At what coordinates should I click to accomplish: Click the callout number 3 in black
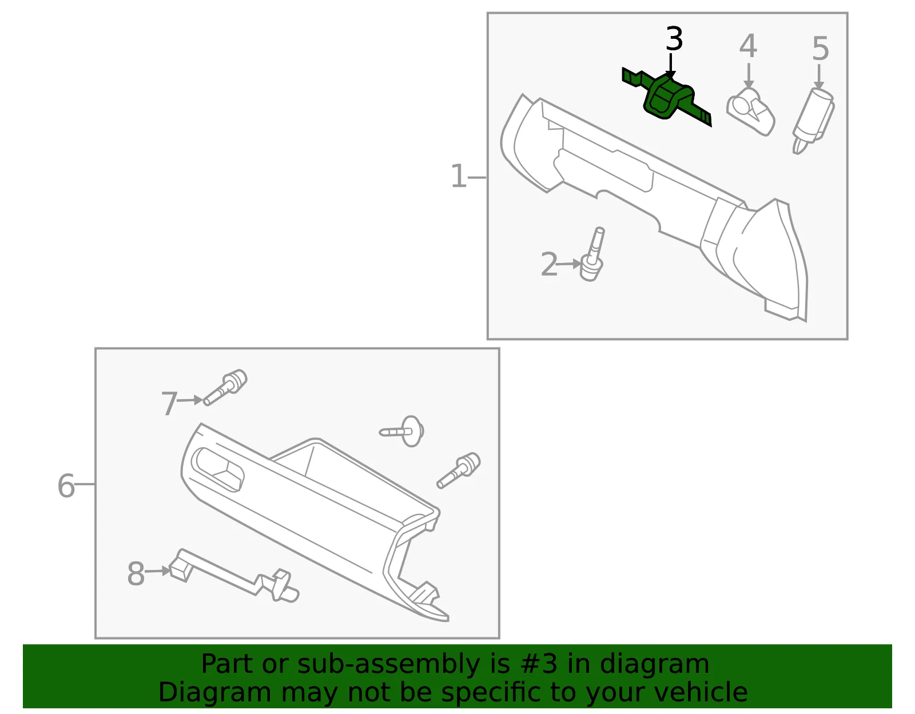[674, 39]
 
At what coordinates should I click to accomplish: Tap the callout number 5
[820, 49]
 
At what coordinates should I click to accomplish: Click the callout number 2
[549, 264]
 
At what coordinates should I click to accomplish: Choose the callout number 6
[66, 485]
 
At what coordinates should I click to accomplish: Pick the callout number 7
[169, 403]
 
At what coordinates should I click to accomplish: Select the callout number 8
[136, 573]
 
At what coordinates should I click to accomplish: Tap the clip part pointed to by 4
[751, 112]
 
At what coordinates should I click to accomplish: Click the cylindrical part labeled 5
[813, 121]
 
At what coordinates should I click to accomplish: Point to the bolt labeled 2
[593, 255]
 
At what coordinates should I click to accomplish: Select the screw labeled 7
[226, 387]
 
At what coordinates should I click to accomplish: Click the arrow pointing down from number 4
[749, 75]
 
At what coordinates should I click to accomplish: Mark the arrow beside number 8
[157, 571]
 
